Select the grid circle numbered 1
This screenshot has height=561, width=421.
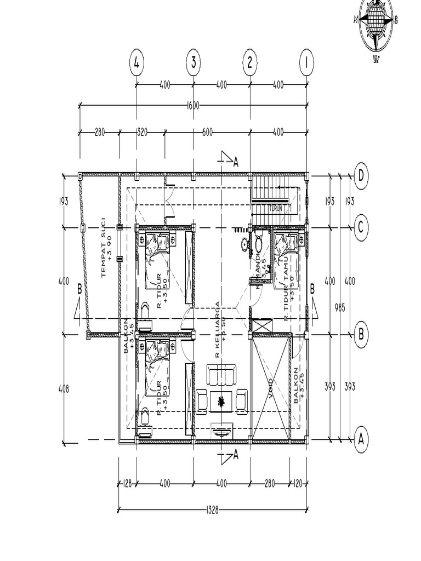coord(306,63)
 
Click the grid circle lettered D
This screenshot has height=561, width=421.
coord(361,176)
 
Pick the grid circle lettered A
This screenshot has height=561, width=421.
coord(361,439)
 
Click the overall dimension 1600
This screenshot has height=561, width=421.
coord(193,105)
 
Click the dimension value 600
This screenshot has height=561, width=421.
coord(207,132)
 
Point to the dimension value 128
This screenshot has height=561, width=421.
coord(127,484)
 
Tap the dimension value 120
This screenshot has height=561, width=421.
coord(298,484)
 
